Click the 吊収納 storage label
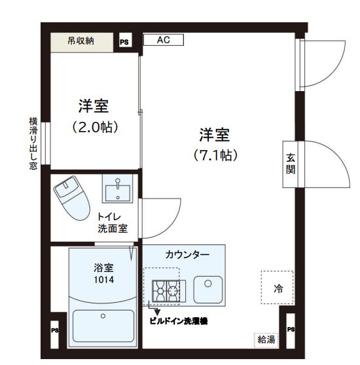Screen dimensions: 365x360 click(81, 41)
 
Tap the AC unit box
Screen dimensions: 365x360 click(162, 40)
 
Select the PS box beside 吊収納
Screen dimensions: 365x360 click(124, 41)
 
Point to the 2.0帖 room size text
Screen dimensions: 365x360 click(94, 128)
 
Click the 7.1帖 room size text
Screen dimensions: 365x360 click(214, 155)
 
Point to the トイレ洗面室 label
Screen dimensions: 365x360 click(113, 222)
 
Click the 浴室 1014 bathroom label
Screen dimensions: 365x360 click(102, 273)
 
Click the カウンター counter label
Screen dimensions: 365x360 click(187, 254)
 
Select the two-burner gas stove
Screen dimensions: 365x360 click(165, 289)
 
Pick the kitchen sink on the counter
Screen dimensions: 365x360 click(208, 287)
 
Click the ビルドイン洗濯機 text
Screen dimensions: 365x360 click(178, 321)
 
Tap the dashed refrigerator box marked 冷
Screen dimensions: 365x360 click(278, 288)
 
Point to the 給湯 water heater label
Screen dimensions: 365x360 click(265, 339)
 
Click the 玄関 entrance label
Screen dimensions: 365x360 click(290, 163)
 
